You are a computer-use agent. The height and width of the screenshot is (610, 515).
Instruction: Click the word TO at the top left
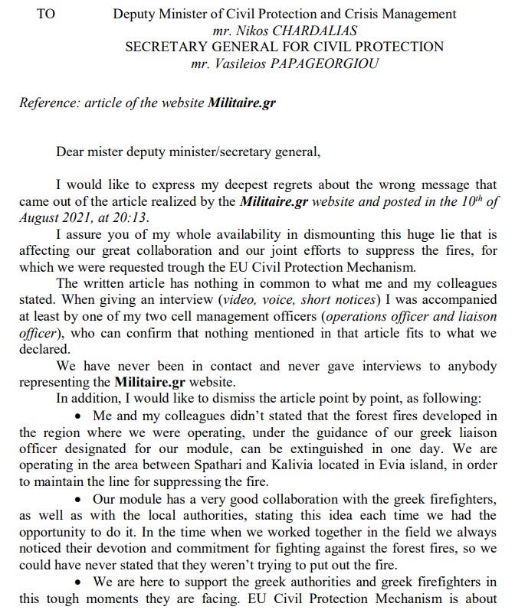[46, 14]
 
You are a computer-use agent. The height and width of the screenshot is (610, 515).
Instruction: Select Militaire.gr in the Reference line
[241, 103]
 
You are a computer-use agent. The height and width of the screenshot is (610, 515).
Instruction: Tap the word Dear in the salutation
[70, 151]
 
